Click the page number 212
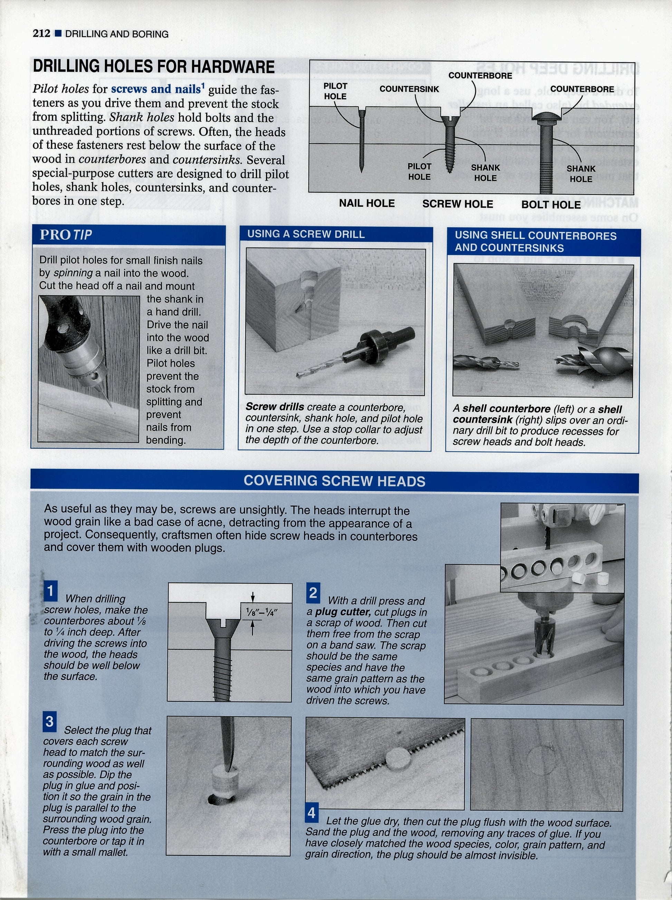[41, 33]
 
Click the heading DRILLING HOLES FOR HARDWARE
[153, 67]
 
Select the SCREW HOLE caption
[457, 204]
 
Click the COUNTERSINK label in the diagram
[409, 89]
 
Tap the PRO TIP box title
[66, 235]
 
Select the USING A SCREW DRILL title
[306, 234]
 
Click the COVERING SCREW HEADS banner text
[334, 481]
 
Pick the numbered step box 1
[50, 591]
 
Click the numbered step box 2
[313, 593]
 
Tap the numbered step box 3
[49, 722]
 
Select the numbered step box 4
[311, 813]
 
